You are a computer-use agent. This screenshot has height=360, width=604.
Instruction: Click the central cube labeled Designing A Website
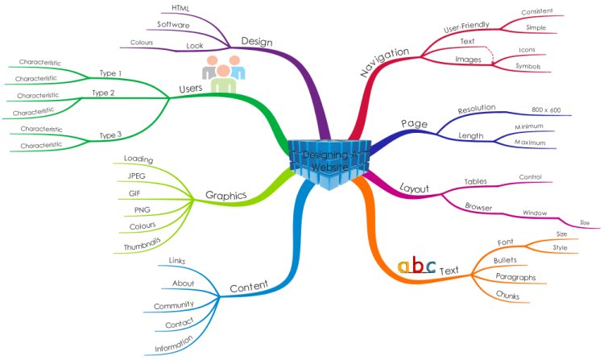tap(331, 163)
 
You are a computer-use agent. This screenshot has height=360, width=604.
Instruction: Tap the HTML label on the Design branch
tap(181, 8)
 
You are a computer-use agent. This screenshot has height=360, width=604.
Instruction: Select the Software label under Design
tap(173, 25)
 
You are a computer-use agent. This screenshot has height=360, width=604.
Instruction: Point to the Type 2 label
tap(103, 93)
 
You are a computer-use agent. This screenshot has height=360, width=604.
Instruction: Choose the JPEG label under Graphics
tap(136, 176)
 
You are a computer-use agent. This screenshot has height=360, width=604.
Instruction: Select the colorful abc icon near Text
tap(417, 267)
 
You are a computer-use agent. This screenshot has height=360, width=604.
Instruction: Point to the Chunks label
tap(507, 296)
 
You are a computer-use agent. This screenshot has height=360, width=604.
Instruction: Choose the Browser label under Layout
tap(478, 207)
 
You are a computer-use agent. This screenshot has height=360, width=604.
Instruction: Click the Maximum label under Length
tap(532, 143)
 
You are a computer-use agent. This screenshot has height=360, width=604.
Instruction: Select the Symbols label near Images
tap(527, 66)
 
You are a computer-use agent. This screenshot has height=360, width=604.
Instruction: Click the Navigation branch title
tap(384, 60)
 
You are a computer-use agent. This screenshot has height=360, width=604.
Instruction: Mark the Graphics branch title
tap(225, 195)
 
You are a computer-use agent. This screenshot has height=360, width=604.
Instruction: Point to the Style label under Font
tap(561, 247)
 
